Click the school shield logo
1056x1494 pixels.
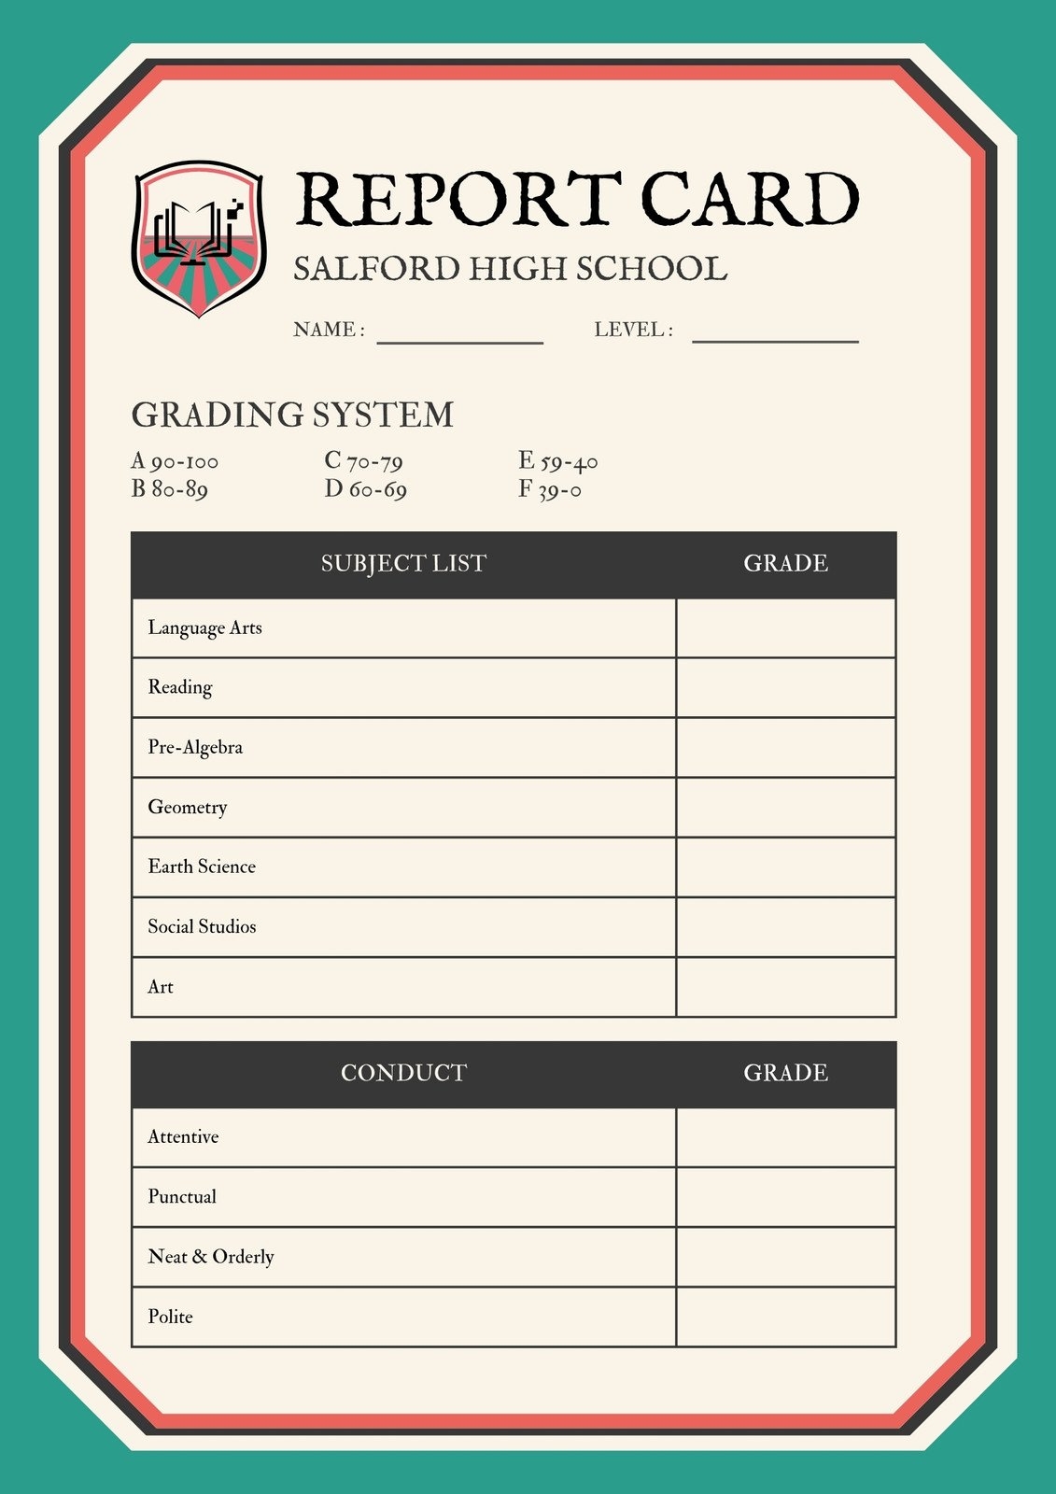(199, 239)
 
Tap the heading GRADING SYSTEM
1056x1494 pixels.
(292, 415)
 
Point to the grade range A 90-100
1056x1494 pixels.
(175, 461)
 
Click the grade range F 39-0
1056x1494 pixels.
(550, 489)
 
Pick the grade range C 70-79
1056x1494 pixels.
(363, 461)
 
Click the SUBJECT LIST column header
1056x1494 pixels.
(403, 564)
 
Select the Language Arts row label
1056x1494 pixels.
(204, 628)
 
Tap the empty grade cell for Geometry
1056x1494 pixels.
(785, 808)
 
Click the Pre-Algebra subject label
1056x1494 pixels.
(195, 748)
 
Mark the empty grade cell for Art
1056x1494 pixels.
(785, 987)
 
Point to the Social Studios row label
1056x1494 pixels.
(202, 927)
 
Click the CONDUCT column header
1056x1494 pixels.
(403, 1073)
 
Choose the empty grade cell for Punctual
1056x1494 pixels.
(785, 1197)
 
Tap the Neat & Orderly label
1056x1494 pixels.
(211, 1257)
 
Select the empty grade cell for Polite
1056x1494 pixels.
(785, 1317)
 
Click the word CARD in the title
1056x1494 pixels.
(749, 199)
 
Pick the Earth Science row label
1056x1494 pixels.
(202, 867)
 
